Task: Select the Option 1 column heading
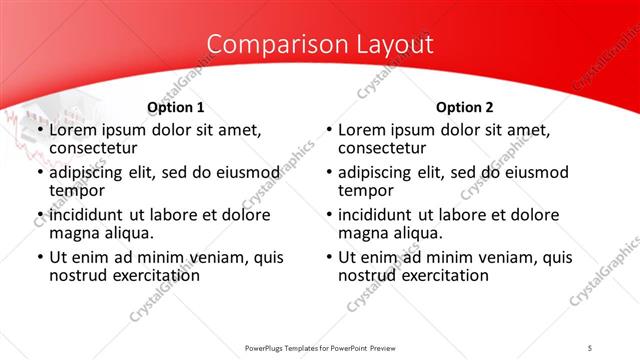[176, 107]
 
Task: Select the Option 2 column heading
[465, 107]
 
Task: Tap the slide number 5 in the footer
[590, 347]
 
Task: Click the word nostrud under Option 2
[369, 276]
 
